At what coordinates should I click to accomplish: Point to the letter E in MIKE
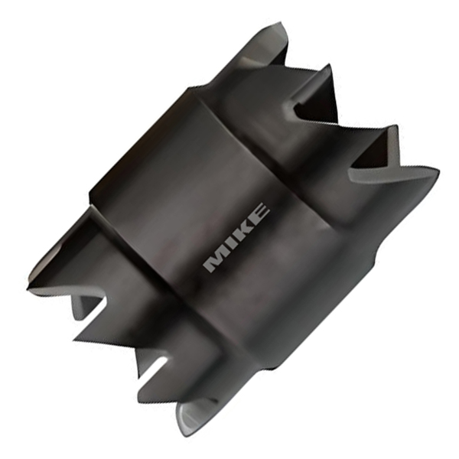click(258, 213)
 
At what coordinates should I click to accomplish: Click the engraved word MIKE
click(236, 237)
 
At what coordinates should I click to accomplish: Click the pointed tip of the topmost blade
click(282, 21)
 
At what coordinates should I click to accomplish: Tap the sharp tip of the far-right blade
click(439, 171)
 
